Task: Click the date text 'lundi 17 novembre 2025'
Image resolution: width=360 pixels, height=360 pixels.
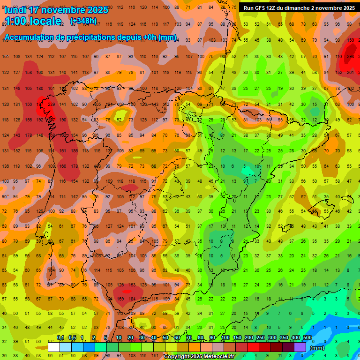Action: [x=56, y=10]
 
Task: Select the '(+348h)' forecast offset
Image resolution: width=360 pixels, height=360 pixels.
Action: [x=83, y=21]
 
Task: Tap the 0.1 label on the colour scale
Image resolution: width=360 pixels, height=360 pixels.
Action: [x=60, y=337]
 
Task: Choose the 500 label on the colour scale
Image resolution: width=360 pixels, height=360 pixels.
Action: [x=307, y=337]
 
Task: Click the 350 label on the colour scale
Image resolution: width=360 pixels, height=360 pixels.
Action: [x=284, y=337]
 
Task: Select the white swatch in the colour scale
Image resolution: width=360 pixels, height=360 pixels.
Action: [x=54, y=347]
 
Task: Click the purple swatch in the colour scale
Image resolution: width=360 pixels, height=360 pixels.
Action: [x=300, y=347]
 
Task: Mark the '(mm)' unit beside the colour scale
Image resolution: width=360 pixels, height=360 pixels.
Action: [x=317, y=348]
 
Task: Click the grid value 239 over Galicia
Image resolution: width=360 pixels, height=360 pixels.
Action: [x=51, y=105]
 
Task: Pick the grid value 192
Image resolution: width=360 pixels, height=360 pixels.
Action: [x=40, y=120]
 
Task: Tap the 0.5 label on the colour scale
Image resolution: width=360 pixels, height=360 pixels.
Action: [x=72, y=337]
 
